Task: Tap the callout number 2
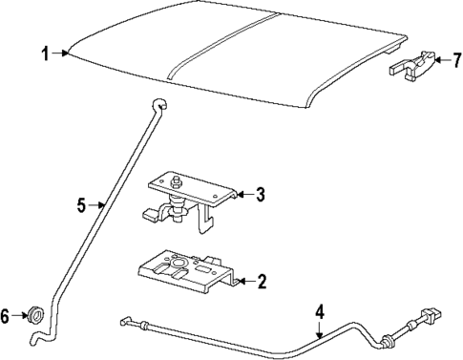click(x=261, y=281)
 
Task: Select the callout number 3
click(x=260, y=195)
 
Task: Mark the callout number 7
click(x=456, y=61)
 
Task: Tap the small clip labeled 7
click(x=411, y=66)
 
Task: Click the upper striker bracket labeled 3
click(x=191, y=196)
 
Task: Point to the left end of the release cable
click(x=125, y=321)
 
